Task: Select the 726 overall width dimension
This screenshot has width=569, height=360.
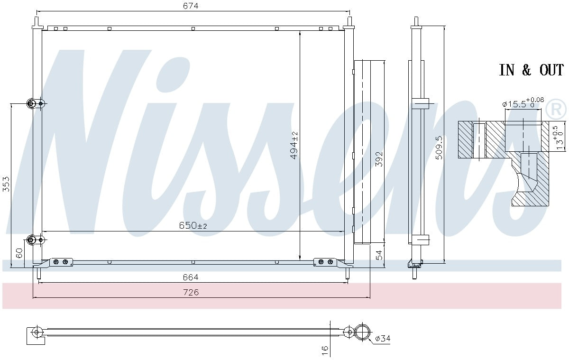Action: click(x=191, y=293)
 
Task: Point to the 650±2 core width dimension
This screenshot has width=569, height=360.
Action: click(x=193, y=226)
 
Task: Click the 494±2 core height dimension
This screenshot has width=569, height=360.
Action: click(x=294, y=145)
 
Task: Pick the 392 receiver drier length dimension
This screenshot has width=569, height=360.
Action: click(x=379, y=160)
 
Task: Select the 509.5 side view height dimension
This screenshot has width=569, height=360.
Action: click(x=439, y=148)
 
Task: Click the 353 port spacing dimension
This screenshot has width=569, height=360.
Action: click(x=6, y=184)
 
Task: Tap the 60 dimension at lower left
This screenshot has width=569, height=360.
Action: click(x=19, y=253)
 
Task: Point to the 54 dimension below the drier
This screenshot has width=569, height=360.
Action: click(x=379, y=255)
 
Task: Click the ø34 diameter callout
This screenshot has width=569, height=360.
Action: click(x=383, y=339)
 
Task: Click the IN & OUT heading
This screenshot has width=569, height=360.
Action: click(x=531, y=71)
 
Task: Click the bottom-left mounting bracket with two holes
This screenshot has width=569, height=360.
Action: click(x=60, y=262)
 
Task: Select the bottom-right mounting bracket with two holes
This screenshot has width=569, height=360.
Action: click(x=325, y=262)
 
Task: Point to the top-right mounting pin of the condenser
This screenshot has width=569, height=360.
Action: click(x=349, y=22)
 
